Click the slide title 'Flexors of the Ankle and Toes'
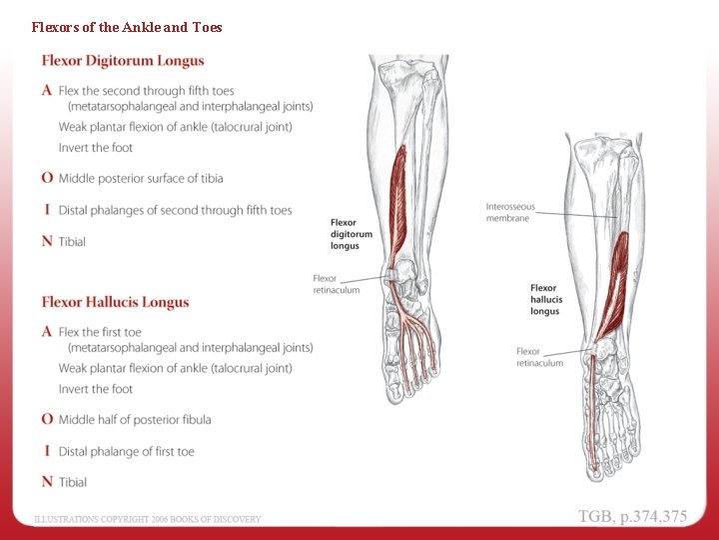click(127, 27)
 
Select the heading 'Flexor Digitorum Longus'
click(123, 60)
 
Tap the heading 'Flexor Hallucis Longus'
click(115, 302)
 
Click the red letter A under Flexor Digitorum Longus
click(47, 91)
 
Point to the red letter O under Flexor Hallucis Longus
click(47, 419)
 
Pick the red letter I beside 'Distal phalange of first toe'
click(47, 451)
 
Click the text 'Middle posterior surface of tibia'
click(141, 178)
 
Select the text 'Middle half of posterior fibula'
click(135, 419)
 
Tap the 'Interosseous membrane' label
click(510, 212)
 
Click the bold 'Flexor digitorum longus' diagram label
click(352, 234)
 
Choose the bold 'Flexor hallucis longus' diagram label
click(546, 300)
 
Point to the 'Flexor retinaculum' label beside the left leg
click(337, 284)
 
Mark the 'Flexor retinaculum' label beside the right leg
click(539, 357)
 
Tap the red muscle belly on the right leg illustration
click(616, 270)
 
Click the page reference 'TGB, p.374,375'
click(633, 516)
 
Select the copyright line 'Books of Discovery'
click(148, 519)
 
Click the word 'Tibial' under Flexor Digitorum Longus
click(72, 241)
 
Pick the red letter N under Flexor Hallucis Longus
click(47, 482)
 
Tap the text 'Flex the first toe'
click(100, 332)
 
